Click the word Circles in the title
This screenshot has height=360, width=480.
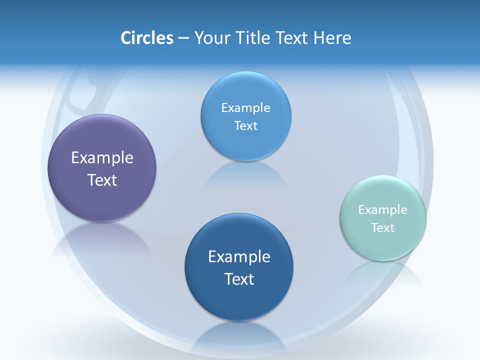point(147,38)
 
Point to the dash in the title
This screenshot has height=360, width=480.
point(183,38)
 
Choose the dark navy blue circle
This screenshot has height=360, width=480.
point(239,300)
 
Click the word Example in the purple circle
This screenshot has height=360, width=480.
point(102,158)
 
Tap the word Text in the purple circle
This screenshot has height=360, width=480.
point(102,180)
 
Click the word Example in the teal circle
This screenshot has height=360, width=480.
point(383,210)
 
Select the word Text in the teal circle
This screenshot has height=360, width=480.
point(383,228)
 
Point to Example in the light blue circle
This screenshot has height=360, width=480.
point(245,108)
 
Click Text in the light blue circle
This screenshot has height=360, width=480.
point(245,126)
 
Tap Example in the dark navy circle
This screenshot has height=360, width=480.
point(239,257)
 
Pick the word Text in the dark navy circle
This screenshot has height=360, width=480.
point(239,279)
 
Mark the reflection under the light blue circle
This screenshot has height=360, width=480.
point(246,175)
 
